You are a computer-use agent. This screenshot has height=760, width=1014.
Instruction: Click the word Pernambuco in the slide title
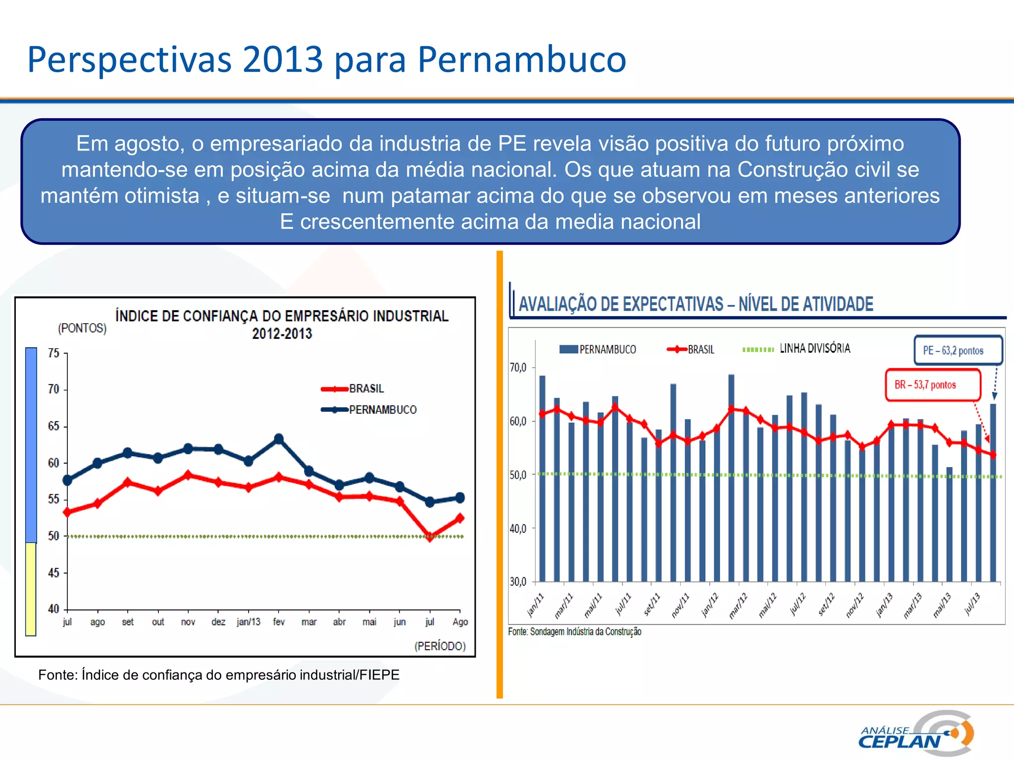tap(522, 60)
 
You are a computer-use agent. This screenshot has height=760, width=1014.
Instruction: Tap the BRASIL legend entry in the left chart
tap(366, 389)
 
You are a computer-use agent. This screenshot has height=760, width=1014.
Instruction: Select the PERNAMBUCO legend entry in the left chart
tap(382, 410)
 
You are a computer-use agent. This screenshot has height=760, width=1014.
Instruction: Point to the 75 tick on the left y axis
tap(53, 353)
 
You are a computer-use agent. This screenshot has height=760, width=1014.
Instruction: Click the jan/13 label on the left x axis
tap(248, 622)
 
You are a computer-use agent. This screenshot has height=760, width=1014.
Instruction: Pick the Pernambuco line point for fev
tap(279, 439)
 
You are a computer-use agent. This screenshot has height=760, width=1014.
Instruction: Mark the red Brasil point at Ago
tap(460, 518)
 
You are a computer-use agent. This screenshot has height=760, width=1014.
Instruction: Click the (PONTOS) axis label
tap(82, 328)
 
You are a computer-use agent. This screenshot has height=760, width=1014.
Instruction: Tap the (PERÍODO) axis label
tap(440, 646)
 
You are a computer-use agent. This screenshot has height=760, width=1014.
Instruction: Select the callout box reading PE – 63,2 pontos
tap(958, 350)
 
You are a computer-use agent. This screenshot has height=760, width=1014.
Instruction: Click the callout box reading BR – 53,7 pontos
tap(932, 385)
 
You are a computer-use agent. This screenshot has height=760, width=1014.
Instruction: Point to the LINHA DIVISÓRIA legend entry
tap(814, 348)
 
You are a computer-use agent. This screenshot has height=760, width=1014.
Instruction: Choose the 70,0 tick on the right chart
tap(518, 368)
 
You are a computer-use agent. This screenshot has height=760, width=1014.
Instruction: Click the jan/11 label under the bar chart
tap(535, 605)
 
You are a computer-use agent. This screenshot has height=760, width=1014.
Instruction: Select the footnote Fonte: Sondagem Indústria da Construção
tap(574, 632)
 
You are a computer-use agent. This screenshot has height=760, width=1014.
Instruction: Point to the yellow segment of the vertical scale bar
tap(31, 589)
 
